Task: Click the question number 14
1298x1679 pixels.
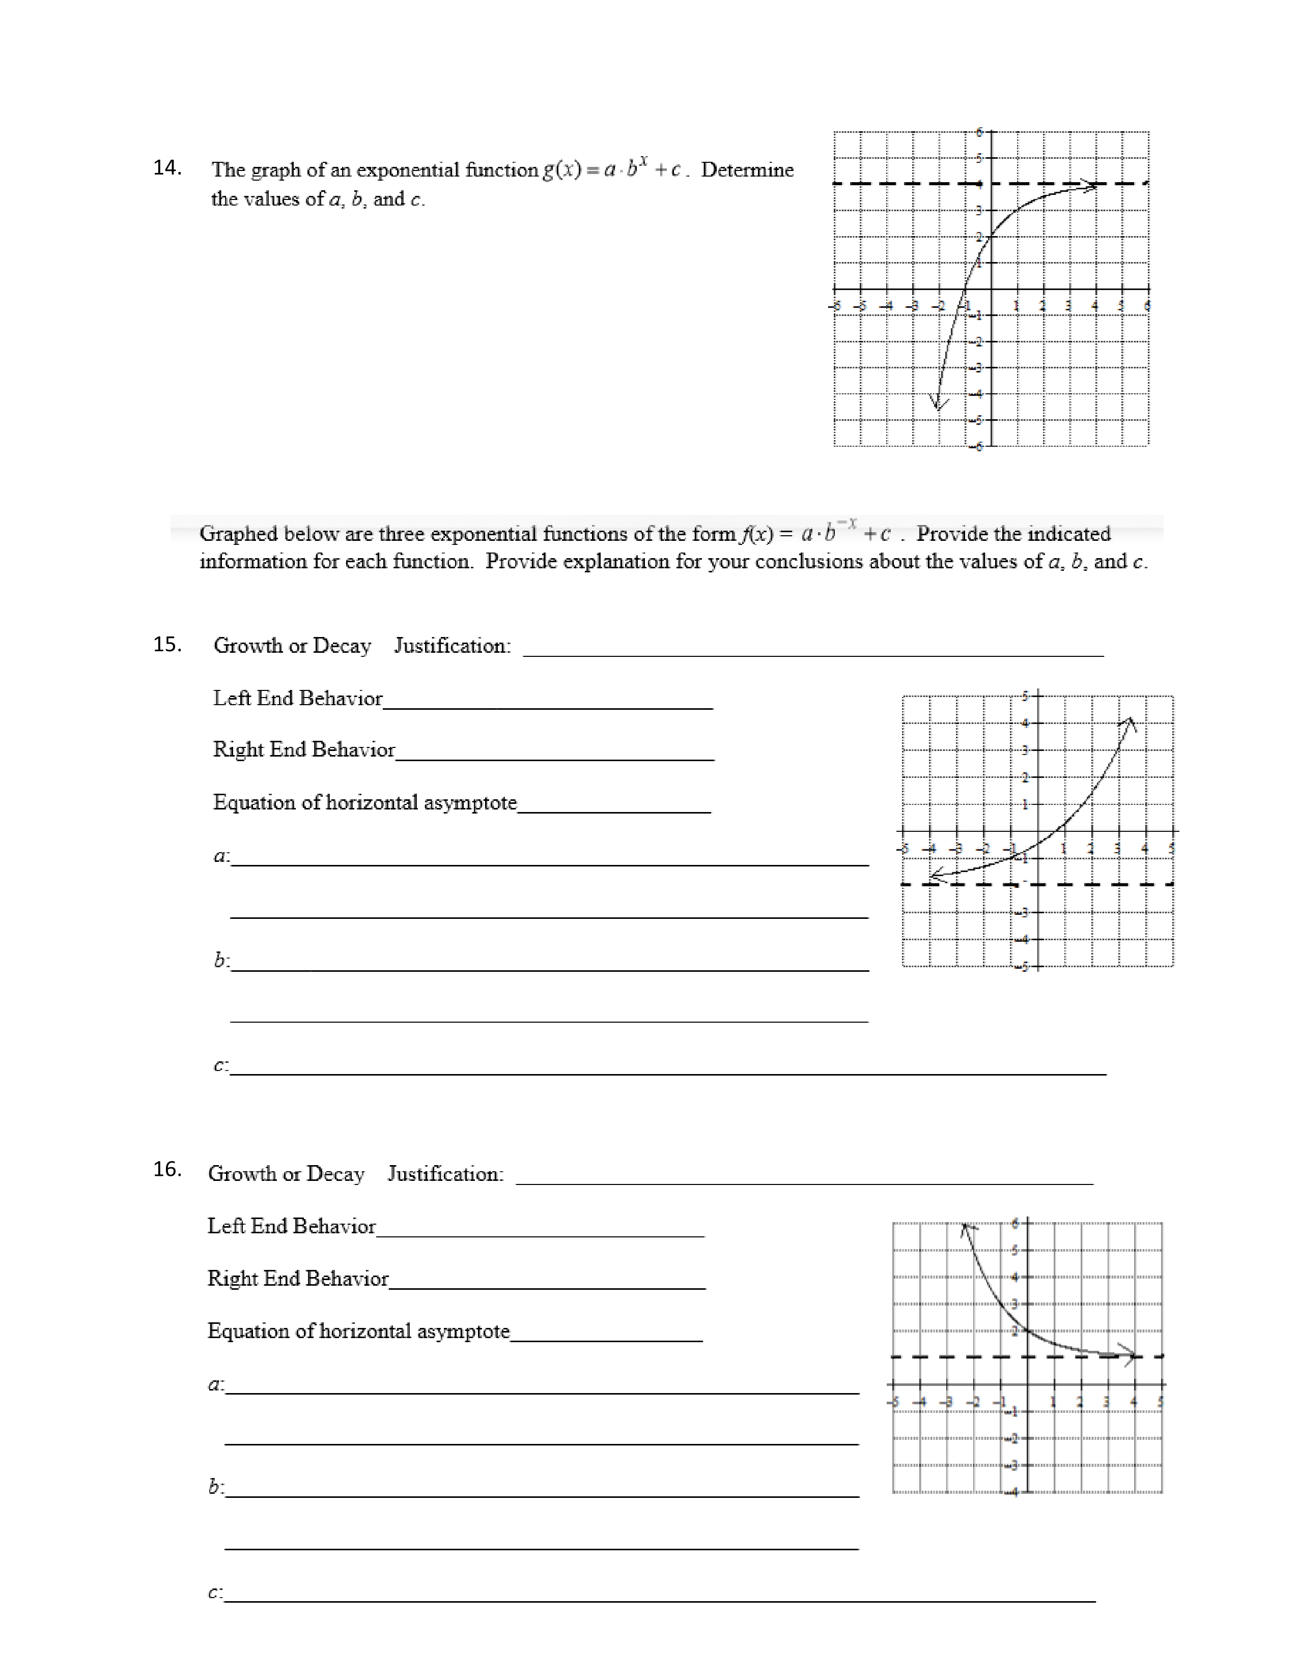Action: click(x=167, y=167)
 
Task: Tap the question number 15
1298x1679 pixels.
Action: click(x=167, y=644)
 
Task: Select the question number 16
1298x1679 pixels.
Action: click(x=167, y=1169)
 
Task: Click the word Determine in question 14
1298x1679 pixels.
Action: click(x=747, y=170)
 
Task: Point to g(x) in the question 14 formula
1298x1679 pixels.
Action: click(x=561, y=170)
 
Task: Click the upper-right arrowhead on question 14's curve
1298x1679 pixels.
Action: click(x=1091, y=185)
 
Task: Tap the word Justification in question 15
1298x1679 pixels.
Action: click(x=452, y=646)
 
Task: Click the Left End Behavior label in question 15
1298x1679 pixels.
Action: click(x=298, y=698)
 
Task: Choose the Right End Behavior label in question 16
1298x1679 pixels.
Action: click(x=298, y=1279)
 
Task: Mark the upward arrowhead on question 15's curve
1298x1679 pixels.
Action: click(x=1128, y=722)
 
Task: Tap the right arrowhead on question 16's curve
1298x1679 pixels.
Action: click(x=1129, y=1355)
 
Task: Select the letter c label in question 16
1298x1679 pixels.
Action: click(x=214, y=1593)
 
